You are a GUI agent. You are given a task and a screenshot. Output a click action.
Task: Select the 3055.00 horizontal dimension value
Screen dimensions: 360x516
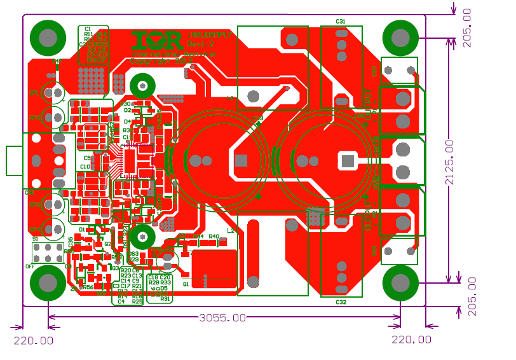222,317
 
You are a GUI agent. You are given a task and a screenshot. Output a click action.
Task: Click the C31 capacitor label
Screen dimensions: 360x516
341,22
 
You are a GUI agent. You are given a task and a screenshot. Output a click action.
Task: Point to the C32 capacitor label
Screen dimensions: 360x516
341,302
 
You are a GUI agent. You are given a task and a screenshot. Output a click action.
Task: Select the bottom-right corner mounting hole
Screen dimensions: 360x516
400,282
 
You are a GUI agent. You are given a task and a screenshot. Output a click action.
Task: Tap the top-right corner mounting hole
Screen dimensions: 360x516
400,38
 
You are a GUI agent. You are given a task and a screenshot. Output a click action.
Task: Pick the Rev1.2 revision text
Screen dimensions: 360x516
202,44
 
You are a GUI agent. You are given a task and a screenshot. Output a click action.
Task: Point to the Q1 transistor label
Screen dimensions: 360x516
186,285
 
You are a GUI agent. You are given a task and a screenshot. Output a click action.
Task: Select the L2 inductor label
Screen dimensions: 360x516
230,231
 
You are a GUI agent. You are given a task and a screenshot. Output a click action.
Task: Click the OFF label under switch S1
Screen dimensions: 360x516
30,267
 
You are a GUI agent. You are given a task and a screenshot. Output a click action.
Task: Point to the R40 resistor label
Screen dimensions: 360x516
214,236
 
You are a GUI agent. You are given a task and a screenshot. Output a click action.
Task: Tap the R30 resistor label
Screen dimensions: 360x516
125,103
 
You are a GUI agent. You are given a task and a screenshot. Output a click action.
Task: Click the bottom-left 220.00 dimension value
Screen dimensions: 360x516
34,340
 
